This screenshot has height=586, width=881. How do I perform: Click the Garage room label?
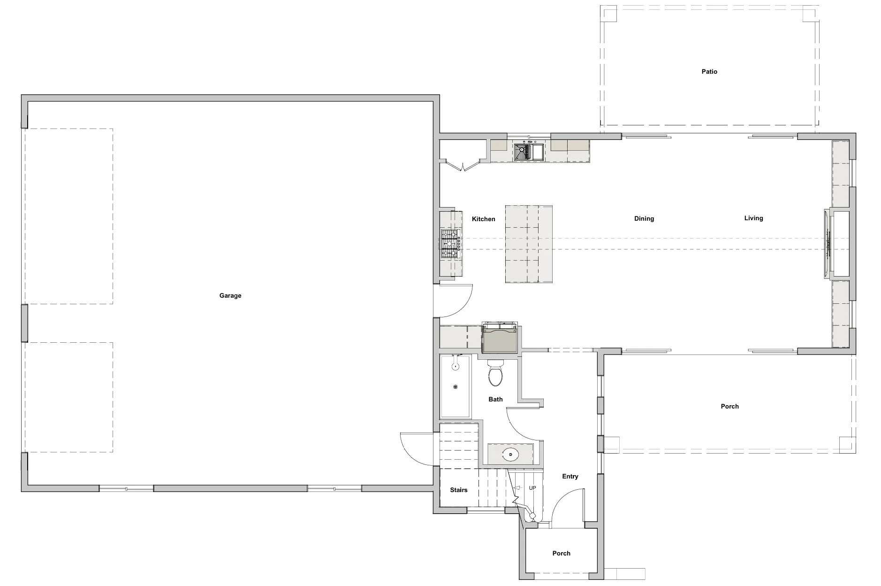pyautogui.click(x=230, y=296)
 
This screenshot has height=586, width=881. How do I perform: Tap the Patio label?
pyautogui.click(x=709, y=72)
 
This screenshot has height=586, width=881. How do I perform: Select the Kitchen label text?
pyautogui.click(x=483, y=219)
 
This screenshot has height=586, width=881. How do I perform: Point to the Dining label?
pyautogui.click(x=644, y=219)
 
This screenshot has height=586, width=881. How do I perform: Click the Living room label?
pyautogui.click(x=753, y=218)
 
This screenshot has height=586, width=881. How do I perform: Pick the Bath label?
pyautogui.click(x=495, y=400)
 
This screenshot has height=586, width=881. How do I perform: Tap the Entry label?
pyautogui.click(x=570, y=477)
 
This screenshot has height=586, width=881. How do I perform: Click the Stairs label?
pyautogui.click(x=458, y=490)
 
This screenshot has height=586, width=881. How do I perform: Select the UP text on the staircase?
pyautogui.click(x=532, y=488)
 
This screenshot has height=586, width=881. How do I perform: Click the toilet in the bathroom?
pyautogui.click(x=495, y=373)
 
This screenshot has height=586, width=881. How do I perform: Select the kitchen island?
pyautogui.click(x=528, y=244)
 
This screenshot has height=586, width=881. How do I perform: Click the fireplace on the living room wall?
pyautogui.click(x=831, y=244)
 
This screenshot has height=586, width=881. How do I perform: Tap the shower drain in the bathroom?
pyautogui.click(x=455, y=387)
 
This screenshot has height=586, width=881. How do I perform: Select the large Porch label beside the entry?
pyautogui.click(x=729, y=407)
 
